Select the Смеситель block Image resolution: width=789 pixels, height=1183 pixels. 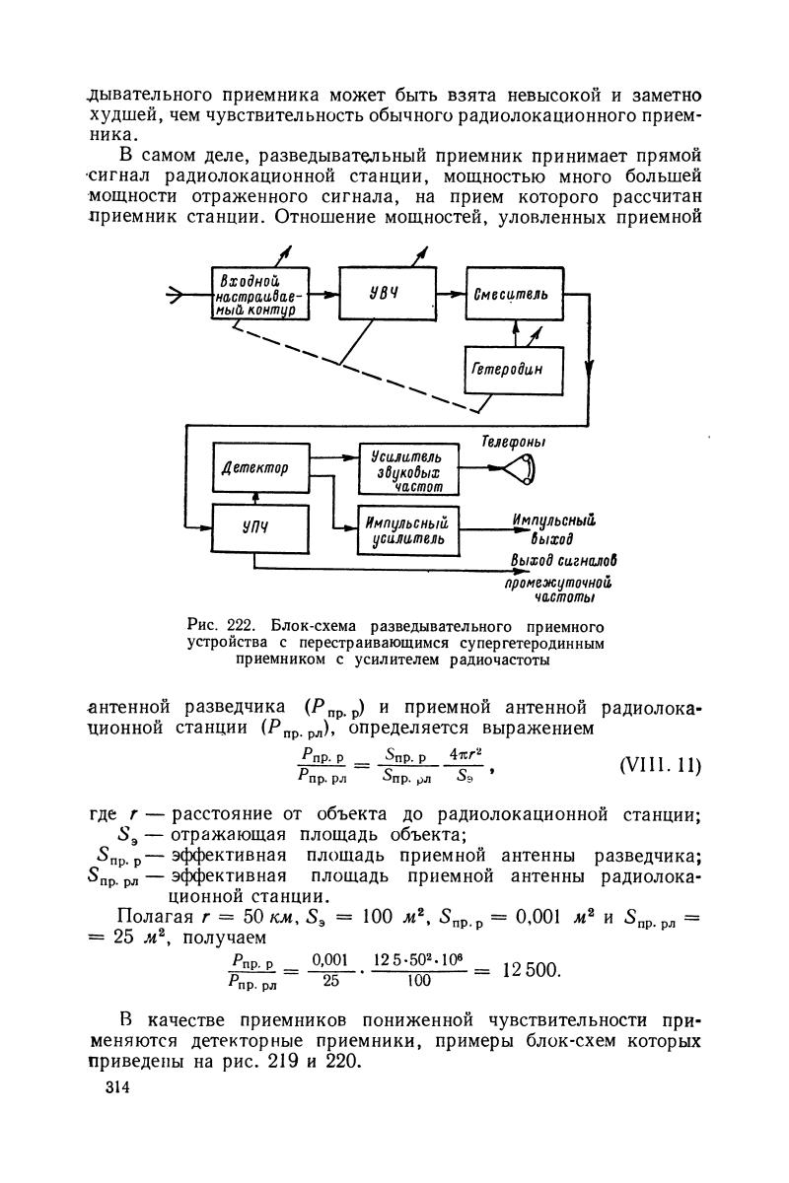tap(514, 294)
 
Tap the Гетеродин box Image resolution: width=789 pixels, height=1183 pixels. tap(513, 372)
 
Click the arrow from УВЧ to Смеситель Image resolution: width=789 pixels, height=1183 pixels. tap(451, 294)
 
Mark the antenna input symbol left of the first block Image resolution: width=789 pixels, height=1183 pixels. tap(179, 294)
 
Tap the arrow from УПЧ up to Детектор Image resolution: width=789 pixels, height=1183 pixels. tap(254, 496)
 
